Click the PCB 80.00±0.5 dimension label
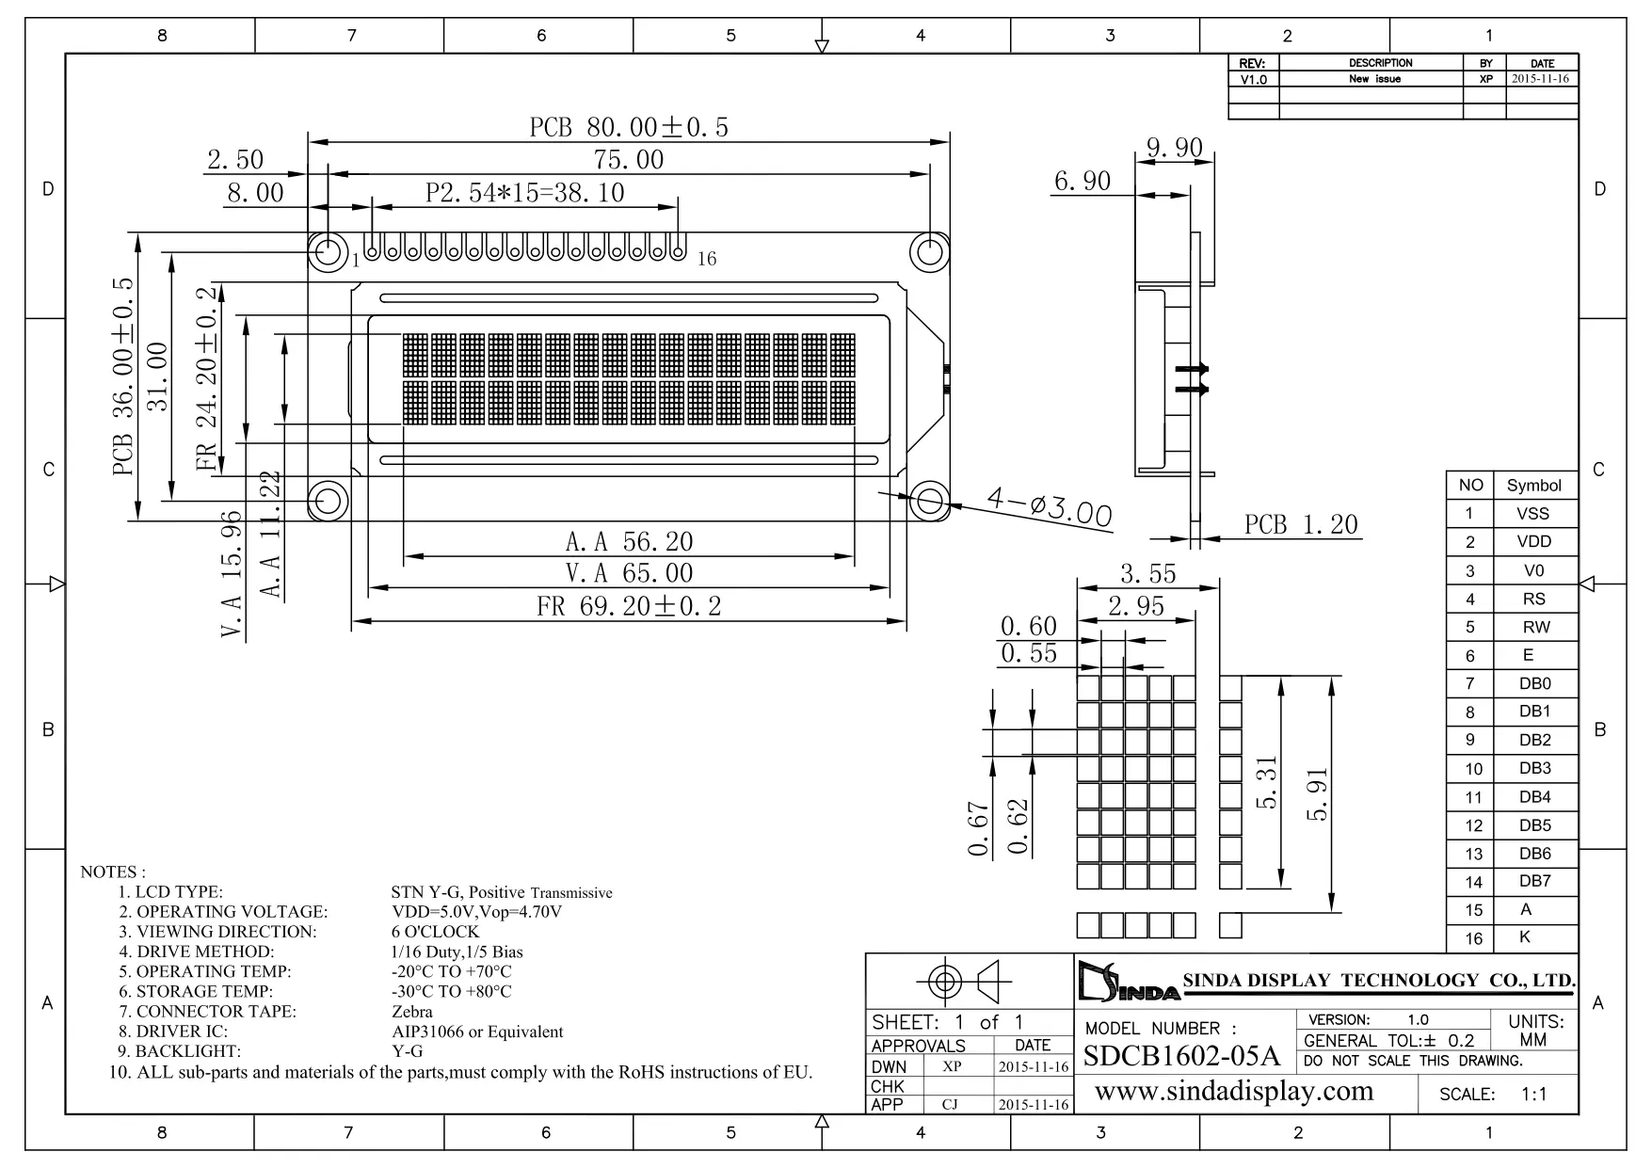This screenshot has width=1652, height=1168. [629, 128]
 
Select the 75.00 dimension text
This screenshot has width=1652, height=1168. [629, 160]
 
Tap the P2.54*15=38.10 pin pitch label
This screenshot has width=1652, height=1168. [525, 193]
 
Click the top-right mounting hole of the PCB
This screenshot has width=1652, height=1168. [929, 252]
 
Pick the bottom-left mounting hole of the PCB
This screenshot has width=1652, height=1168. [329, 501]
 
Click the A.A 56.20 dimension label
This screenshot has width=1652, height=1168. [629, 542]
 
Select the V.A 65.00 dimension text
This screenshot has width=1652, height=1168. [629, 573]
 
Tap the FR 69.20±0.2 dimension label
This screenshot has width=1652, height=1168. [629, 606]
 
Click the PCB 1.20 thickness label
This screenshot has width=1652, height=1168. [1301, 525]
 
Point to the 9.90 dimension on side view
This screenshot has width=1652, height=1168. [1174, 148]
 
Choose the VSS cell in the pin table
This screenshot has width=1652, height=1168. [1532, 514]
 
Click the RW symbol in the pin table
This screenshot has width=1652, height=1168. [1535, 628]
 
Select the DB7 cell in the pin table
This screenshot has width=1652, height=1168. [1534, 881]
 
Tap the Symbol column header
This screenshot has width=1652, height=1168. [1533, 486]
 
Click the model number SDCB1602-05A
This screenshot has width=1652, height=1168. [1181, 1056]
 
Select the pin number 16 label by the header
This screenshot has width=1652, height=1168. [707, 259]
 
